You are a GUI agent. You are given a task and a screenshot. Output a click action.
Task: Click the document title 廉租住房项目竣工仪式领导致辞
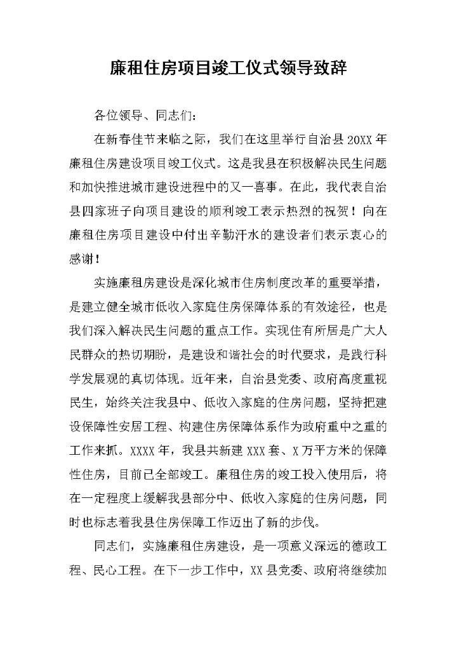click(228, 68)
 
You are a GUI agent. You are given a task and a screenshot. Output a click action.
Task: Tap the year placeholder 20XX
click(351, 138)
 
